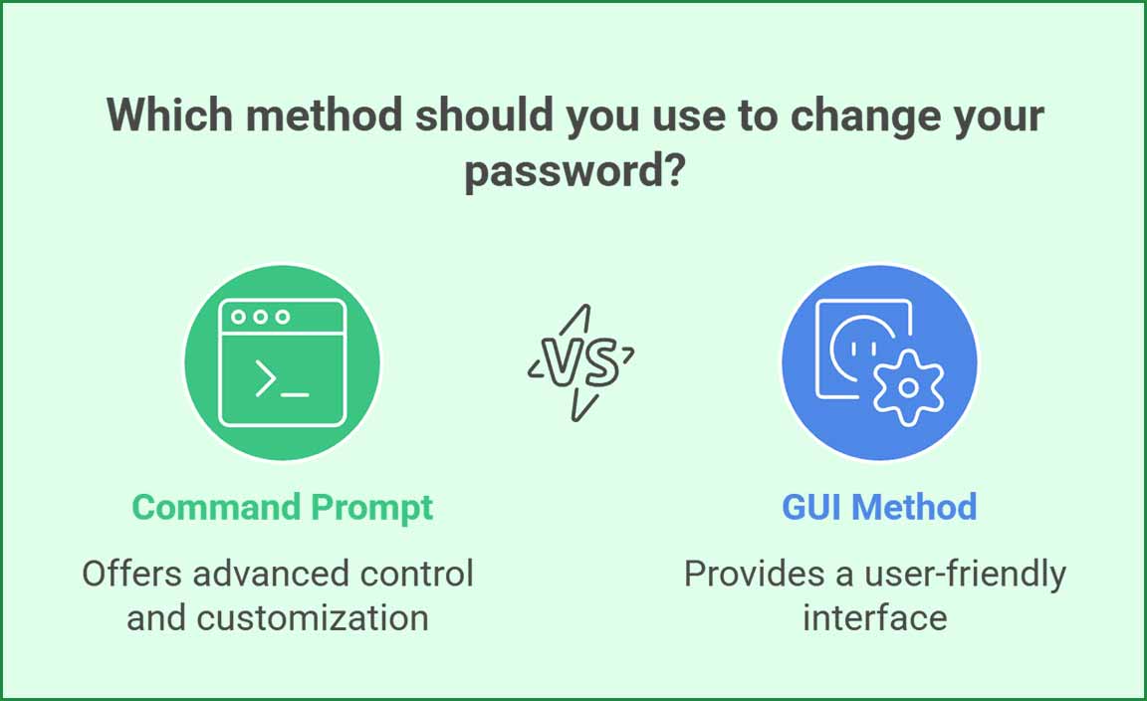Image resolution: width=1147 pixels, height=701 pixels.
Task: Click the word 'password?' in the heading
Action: point(574,172)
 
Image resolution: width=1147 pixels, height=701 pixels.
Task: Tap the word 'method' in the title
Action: point(324,116)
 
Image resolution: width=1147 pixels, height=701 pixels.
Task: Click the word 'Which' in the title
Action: point(169,115)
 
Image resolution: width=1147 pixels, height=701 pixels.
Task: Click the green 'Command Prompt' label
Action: point(283,508)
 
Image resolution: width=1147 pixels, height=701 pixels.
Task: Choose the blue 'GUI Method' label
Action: point(879,507)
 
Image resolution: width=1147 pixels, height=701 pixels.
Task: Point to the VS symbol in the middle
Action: point(581,362)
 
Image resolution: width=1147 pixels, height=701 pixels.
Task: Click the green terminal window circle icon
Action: point(283,362)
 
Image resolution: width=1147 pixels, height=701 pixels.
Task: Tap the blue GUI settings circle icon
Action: point(879,362)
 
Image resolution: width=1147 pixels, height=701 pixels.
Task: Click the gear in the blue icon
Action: point(908,387)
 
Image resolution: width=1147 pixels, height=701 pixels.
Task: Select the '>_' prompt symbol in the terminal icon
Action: point(282,379)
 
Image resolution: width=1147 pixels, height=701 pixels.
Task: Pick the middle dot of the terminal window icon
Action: point(261,317)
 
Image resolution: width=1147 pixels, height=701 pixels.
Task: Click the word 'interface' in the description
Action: point(875,617)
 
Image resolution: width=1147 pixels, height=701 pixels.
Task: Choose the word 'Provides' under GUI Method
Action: point(754,573)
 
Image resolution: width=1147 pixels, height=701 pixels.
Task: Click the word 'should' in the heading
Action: point(484,115)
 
